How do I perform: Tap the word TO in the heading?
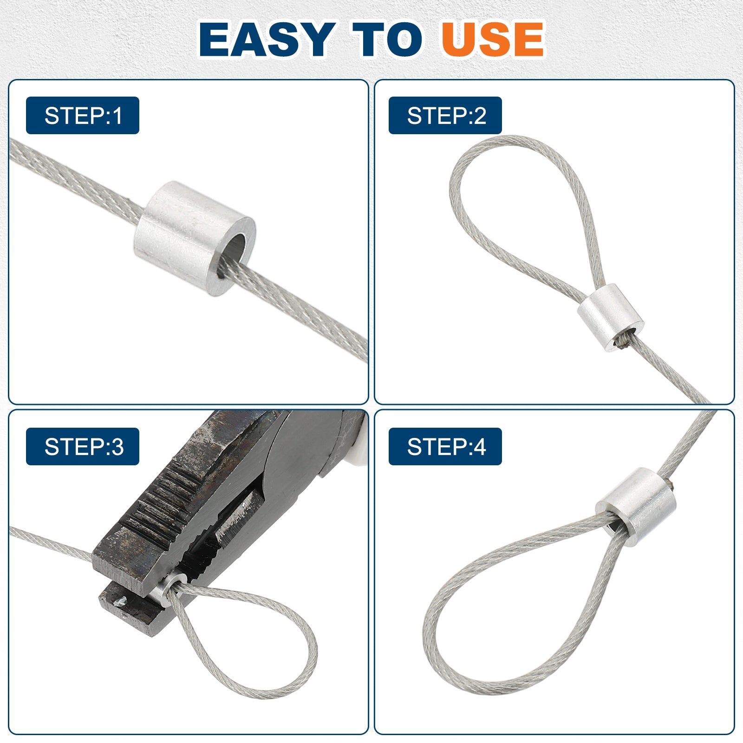pyautogui.click(x=387, y=39)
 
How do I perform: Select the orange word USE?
pyautogui.click(x=492, y=39)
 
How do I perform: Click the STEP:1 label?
pyautogui.click(x=83, y=116)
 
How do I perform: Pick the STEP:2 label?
pyautogui.click(x=445, y=116)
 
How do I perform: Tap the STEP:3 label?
pyautogui.click(x=83, y=447)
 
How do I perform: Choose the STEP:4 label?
pyautogui.click(x=445, y=447)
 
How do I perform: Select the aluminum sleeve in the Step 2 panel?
pyautogui.click(x=610, y=318)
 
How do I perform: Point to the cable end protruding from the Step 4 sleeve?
pyautogui.click(x=672, y=486)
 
